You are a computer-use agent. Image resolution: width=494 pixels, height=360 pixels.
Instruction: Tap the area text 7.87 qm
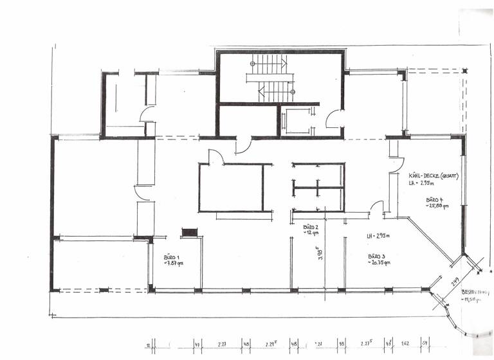point(174,264)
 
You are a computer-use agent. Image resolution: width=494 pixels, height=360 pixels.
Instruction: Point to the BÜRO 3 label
point(378,256)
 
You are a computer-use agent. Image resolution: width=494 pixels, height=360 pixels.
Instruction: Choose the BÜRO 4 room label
point(435,200)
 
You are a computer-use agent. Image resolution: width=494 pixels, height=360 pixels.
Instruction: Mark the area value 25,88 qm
point(437,206)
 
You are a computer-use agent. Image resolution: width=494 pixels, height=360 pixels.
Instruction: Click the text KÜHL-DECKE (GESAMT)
point(433,175)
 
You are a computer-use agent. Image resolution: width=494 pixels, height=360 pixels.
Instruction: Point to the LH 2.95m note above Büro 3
point(379,237)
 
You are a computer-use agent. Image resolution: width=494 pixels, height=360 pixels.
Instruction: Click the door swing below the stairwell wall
point(244,146)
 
